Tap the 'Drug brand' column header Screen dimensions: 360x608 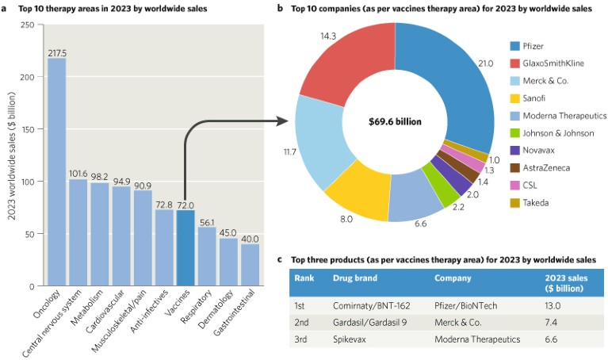coord(354,278)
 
